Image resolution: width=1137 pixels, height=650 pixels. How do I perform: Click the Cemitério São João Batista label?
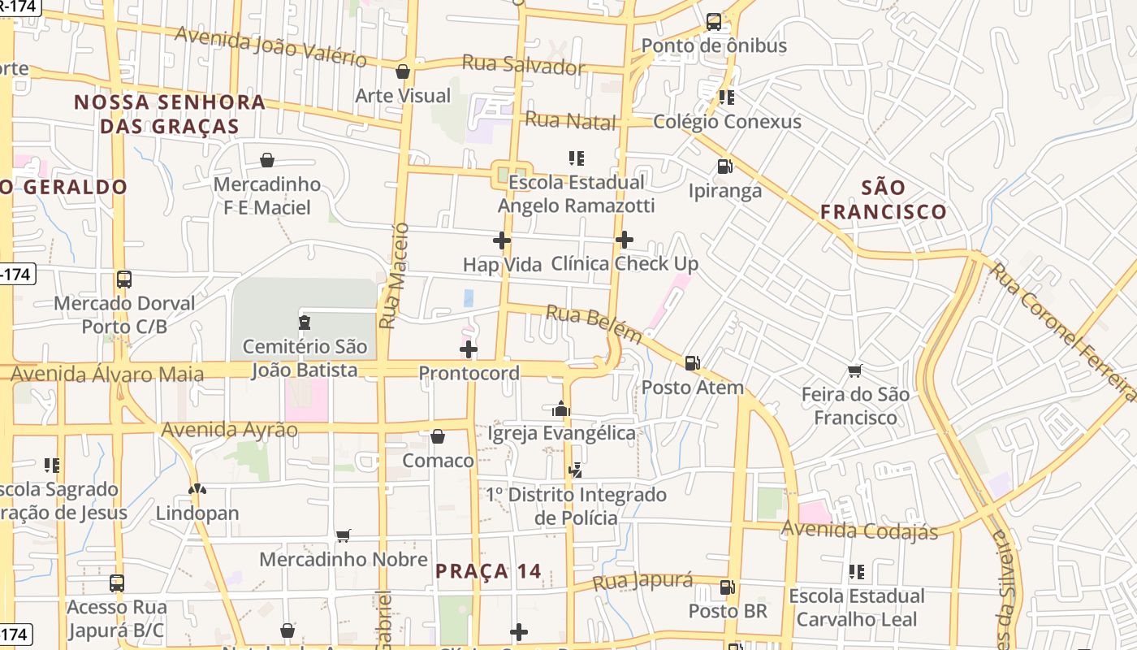pos(305,358)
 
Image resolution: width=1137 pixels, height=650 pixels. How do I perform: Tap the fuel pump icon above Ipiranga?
pos(724,167)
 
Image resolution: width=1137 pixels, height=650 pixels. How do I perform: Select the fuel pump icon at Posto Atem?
pos(693,363)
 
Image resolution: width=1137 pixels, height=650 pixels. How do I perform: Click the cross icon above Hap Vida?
pos(502,240)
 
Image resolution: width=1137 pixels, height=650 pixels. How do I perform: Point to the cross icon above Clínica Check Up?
pos(625,239)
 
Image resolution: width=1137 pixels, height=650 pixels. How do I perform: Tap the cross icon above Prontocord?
pos(469,349)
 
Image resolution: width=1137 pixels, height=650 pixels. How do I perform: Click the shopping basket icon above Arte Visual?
pos(403,71)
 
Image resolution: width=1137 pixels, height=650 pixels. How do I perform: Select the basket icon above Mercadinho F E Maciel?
pos(267,160)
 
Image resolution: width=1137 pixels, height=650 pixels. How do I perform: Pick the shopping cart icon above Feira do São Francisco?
pos(854,370)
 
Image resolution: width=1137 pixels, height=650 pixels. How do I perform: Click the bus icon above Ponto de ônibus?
pos(714,22)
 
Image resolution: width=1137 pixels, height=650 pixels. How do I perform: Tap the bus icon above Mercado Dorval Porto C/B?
pos(124,279)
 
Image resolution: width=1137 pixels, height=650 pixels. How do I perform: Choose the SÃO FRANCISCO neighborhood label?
pos(883,200)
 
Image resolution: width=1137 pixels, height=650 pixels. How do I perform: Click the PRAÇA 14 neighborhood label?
pos(488,571)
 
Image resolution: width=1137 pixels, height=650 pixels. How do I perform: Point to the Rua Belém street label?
pos(594,324)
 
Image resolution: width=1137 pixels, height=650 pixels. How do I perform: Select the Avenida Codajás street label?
pos(859,531)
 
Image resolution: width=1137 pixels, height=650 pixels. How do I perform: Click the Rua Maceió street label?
pos(393,276)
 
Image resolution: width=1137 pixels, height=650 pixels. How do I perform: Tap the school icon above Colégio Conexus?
pos(727,97)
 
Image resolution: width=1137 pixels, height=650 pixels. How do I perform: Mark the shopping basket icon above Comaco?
pos(438,436)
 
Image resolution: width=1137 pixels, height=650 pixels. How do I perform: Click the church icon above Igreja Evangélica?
pos(561,409)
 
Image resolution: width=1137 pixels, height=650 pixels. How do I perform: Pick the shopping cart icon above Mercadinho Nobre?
pos(344,535)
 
